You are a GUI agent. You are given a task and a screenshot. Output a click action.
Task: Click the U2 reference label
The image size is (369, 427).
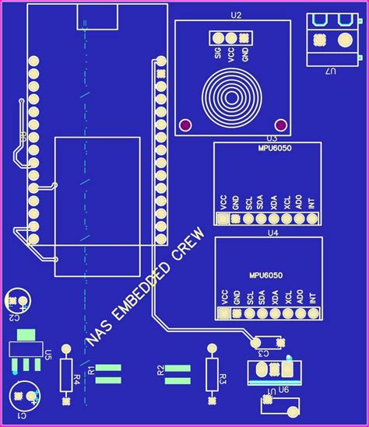pyautogui.click(x=236, y=15)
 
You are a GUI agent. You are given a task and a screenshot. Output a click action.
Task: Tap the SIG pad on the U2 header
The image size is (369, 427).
pyautogui.click(x=218, y=38)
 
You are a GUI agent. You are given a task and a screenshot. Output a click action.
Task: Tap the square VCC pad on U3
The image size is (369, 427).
pyautogui.click(x=223, y=219)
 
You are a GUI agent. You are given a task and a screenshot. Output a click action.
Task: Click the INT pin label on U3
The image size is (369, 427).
pyautogui.click(x=311, y=204)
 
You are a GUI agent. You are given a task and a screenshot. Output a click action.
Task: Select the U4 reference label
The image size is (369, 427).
pyautogui.click(x=272, y=232)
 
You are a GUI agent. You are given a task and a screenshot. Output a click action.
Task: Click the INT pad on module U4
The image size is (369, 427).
pyautogui.click(x=311, y=313)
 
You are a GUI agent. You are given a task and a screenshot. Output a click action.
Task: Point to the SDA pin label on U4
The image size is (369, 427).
pyautogui.click(x=262, y=296)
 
